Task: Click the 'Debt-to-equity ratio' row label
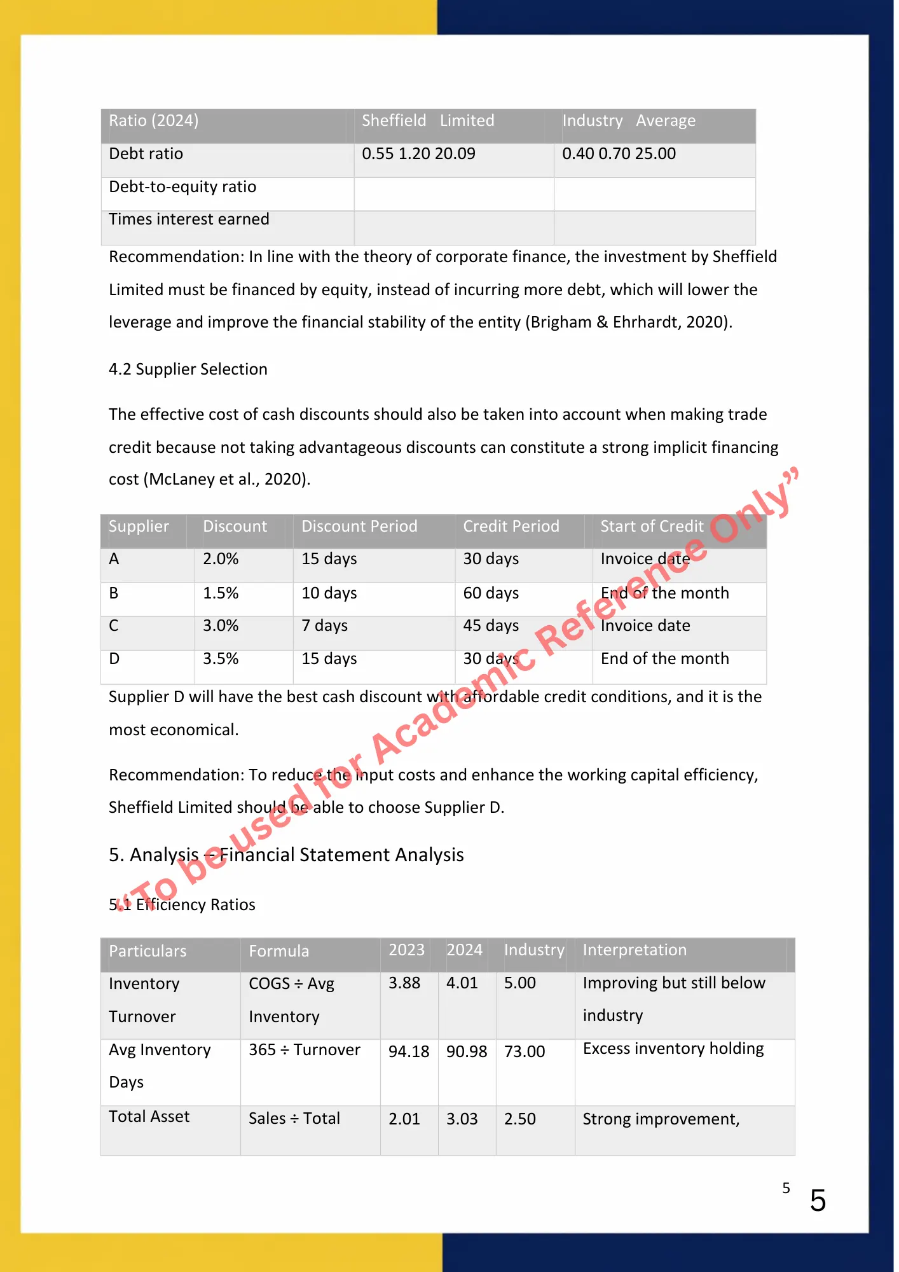coord(182,187)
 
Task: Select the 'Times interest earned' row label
coord(189,219)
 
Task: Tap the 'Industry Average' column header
coord(628,121)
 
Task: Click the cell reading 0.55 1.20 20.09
coord(418,154)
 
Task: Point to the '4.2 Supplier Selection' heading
coord(188,370)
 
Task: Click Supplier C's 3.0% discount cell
coord(221,626)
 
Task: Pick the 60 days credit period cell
coord(491,593)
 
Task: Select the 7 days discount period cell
coord(324,626)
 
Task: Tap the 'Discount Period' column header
coord(359,527)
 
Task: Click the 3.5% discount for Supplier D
coord(221,659)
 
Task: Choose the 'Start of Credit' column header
coord(652,527)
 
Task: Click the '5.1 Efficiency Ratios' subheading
coord(182,905)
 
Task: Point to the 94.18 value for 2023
coord(409,1052)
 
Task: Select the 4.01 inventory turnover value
coord(462,983)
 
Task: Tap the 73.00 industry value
coord(525,1052)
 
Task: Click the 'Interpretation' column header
coord(635,950)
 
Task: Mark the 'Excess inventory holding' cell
coord(673,1049)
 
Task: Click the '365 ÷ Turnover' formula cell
coord(305,1050)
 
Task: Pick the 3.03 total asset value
coord(462,1119)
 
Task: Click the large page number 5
coord(818,1201)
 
